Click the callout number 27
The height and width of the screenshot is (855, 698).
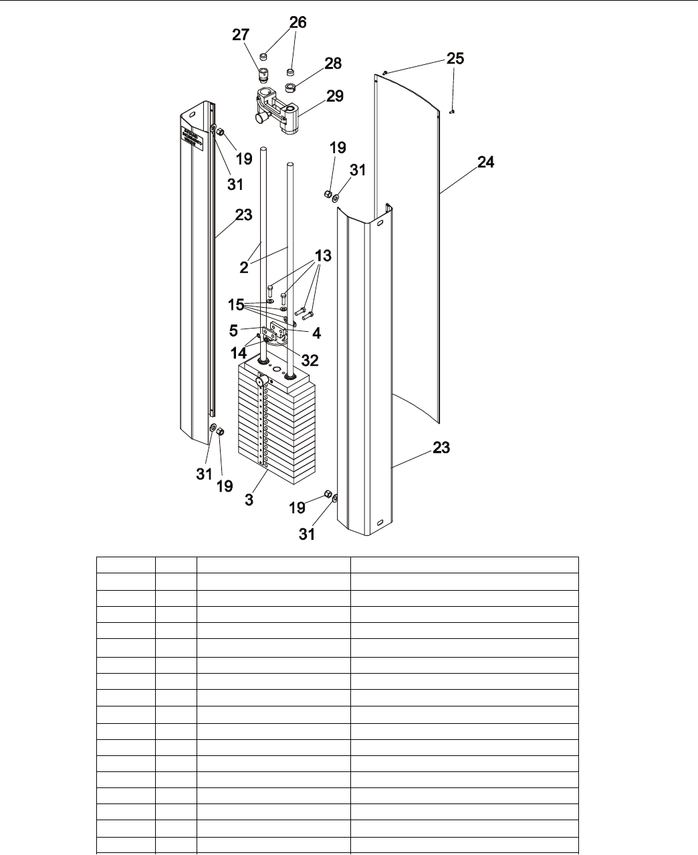click(241, 35)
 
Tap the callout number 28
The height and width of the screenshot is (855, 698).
click(333, 64)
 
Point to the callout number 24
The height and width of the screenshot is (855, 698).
click(486, 162)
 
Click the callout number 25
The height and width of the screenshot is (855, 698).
click(455, 58)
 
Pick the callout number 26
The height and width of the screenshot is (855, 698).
click(298, 23)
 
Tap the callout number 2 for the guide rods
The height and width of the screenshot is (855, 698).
click(244, 267)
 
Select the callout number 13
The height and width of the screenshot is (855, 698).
click(324, 256)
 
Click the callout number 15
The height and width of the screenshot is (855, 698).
click(236, 305)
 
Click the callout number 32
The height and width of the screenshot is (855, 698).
click(310, 361)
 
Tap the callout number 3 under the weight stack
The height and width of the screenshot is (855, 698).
click(249, 499)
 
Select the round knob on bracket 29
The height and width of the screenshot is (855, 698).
click(259, 118)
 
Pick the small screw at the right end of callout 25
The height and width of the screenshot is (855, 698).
click(453, 112)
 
